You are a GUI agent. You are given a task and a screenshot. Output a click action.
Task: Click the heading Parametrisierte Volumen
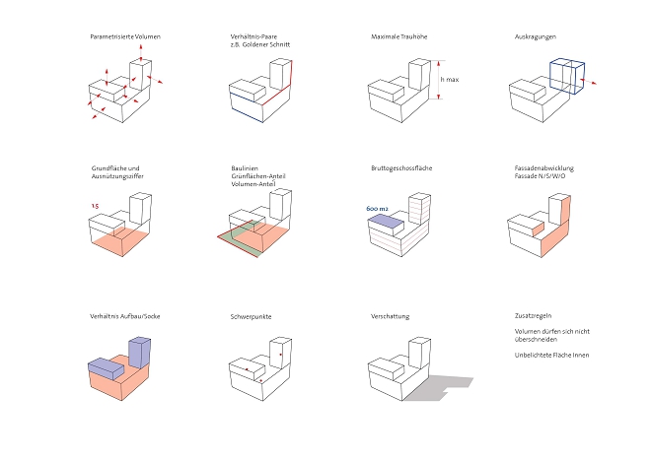point(124,36)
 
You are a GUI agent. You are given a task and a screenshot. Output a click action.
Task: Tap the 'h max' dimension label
point(450,79)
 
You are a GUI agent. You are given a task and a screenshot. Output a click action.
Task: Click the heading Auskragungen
point(536,36)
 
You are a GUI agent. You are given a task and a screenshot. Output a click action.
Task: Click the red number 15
point(95,206)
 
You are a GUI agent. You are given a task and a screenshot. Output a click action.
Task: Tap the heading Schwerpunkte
point(251,316)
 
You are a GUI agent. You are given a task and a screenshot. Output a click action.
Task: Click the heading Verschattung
point(391,316)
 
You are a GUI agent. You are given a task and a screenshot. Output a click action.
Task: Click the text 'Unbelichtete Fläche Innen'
point(551,355)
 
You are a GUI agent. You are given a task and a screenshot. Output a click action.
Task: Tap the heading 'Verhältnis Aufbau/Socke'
point(125,316)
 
